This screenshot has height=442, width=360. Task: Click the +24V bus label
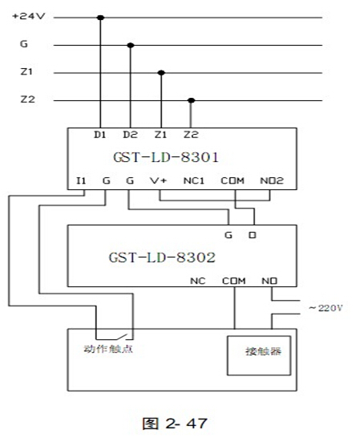(x=28, y=16)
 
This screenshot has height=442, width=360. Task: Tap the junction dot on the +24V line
(x=100, y=18)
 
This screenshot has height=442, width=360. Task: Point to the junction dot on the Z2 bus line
(x=192, y=100)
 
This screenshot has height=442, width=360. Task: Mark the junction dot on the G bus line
(x=131, y=45)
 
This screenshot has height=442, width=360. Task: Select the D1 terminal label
(x=99, y=135)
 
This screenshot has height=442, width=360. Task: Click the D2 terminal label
(x=130, y=135)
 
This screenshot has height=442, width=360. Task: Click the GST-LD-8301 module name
(x=166, y=157)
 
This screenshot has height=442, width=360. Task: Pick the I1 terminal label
(x=81, y=180)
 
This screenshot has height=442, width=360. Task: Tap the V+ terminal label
(x=159, y=180)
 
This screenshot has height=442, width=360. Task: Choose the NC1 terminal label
(x=193, y=180)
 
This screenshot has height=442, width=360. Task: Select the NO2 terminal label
(x=272, y=180)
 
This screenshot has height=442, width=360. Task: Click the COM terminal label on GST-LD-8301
(x=233, y=180)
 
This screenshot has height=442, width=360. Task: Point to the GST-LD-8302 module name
(x=162, y=257)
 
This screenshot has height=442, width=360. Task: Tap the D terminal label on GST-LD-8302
(x=253, y=235)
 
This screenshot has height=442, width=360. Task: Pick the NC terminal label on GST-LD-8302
(x=198, y=281)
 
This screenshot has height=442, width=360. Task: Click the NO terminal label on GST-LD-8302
(x=269, y=281)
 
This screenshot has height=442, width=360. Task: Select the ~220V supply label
(x=326, y=308)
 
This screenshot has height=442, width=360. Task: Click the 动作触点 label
(x=108, y=349)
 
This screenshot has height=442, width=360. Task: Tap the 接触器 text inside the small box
(x=263, y=351)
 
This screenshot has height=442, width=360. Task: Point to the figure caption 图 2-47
(x=175, y=424)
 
